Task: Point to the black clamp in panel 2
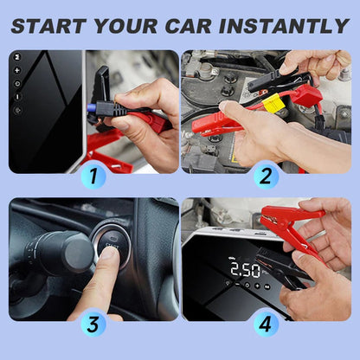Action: (x=277, y=80)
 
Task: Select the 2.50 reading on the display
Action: (x=245, y=269)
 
